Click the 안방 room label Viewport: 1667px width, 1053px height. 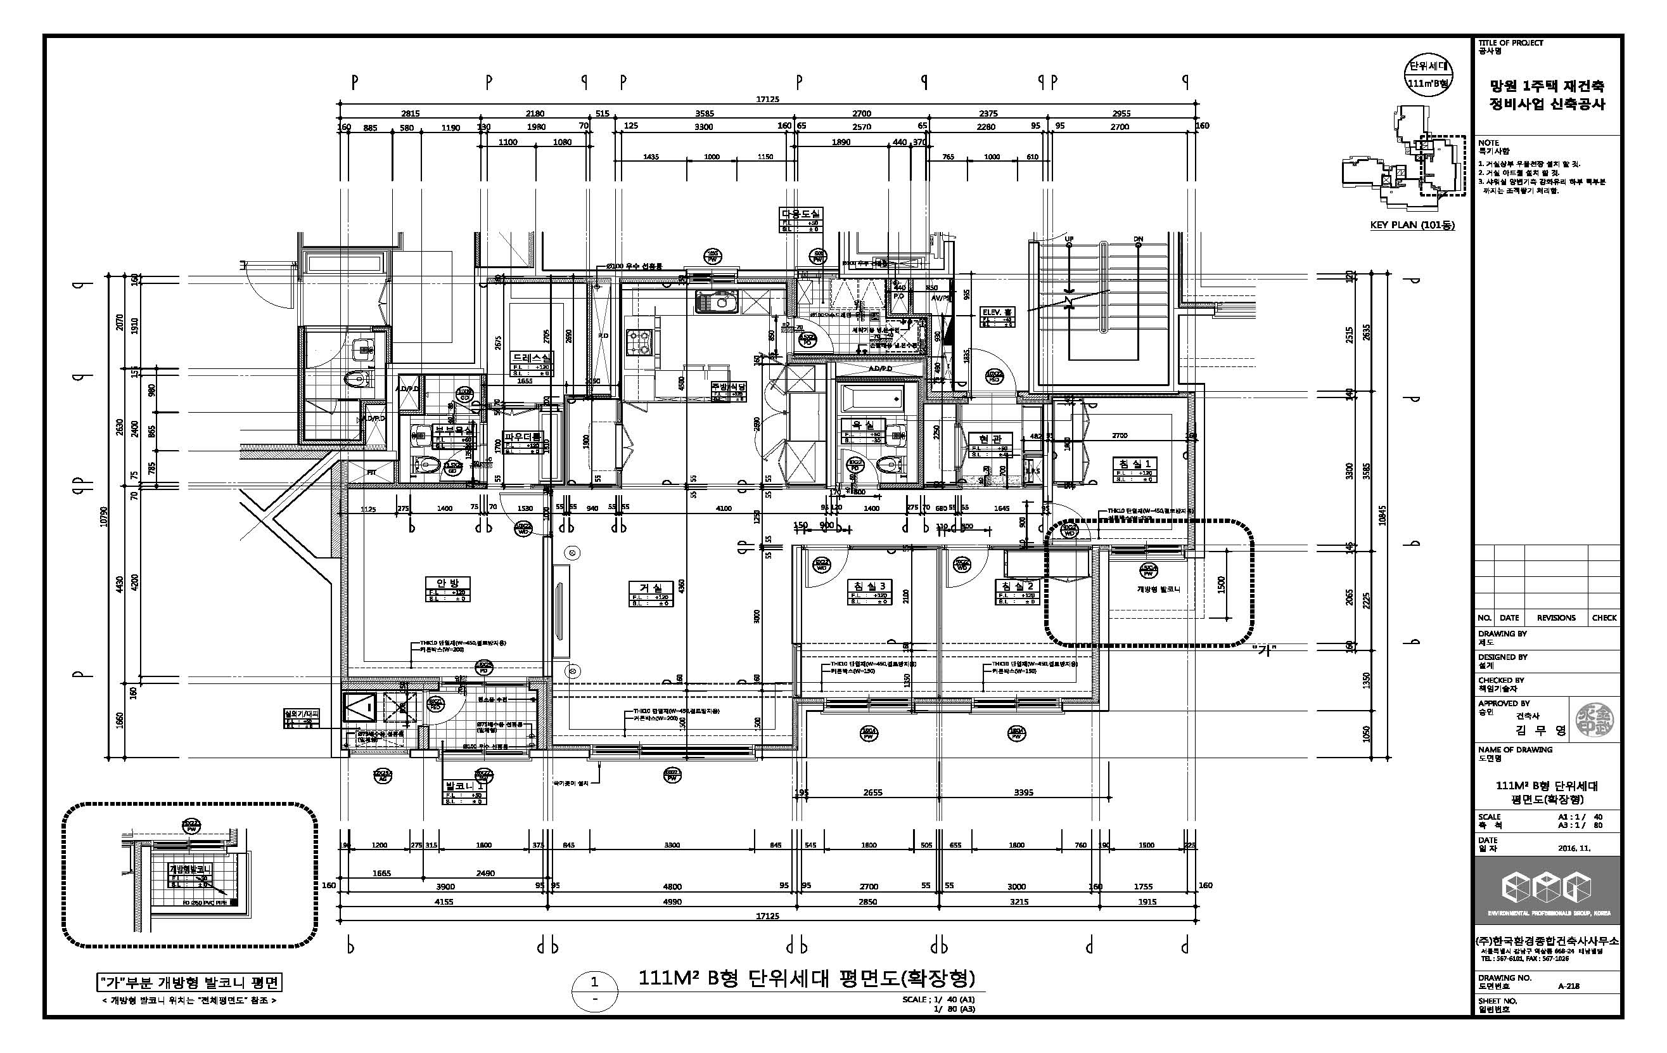[x=448, y=583]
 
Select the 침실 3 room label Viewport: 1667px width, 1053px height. [x=869, y=586]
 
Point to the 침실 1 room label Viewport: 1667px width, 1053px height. [x=1135, y=463]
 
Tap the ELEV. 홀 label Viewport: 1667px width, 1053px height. [x=997, y=313]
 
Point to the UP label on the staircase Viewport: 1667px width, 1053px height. [x=1069, y=240]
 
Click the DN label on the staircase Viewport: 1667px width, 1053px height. [x=1138, y=240]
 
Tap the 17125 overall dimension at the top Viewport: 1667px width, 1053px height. [x=767, y=98]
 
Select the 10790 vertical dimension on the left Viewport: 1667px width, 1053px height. [x=103, y=517]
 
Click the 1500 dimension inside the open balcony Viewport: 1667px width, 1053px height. [x=1221, y=584]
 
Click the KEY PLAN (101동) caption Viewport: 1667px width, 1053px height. [x=1412, y=225]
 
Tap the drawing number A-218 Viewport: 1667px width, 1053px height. [x=1568, y=986]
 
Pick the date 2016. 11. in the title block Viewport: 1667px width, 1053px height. [x=1574, y=847]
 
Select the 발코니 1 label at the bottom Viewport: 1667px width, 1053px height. [x=464, y=787]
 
